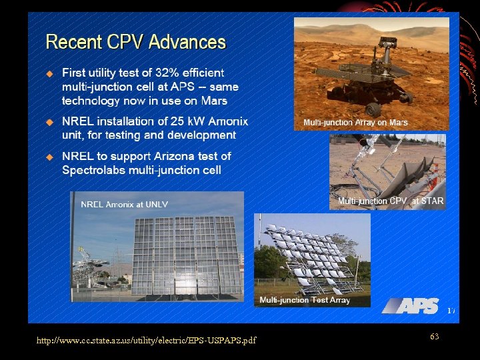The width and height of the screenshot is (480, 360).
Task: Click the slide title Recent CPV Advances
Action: click(135, 43)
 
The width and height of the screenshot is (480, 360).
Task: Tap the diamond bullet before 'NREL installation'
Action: click(49, 122)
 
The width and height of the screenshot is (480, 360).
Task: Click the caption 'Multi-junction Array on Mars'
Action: click(355, 123)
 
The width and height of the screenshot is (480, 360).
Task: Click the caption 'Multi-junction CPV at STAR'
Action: click(390, 201)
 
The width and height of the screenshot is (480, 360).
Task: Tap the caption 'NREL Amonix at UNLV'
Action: click(124, 204)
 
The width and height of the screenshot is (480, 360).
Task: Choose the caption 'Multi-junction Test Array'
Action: click(305, 300)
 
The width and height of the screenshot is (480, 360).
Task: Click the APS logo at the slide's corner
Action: click(411, 305)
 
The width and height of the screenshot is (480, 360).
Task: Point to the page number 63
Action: click(434, 337)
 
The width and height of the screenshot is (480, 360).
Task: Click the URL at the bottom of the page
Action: click(146, 341)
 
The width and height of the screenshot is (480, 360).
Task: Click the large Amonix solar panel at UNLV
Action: click(178, 253)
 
